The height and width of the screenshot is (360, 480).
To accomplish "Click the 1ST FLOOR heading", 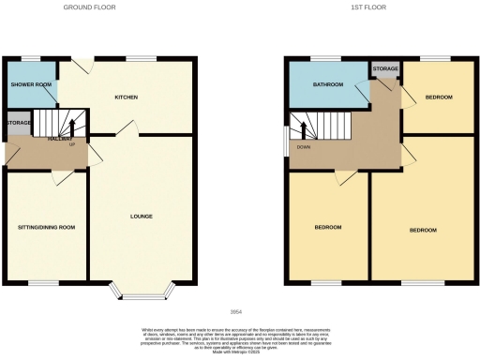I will coord(364,7).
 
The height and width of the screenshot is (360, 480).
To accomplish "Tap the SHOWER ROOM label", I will coord(31,84).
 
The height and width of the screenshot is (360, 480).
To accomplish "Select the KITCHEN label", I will coord(127,97).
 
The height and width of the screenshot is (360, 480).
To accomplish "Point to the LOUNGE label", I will coord(142,217).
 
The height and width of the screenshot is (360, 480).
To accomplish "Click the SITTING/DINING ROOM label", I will coord(46,227).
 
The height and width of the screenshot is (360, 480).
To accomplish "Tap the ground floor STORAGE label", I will coord(18,122).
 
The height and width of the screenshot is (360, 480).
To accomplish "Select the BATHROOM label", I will coord(328,85).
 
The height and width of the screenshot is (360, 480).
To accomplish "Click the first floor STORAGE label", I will coord(385,69).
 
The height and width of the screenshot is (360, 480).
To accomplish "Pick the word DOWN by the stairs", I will coord(303,146).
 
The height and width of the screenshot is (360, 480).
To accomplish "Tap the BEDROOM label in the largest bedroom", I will coord(423,230).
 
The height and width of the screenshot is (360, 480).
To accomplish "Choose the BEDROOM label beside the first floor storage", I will coord(439,97).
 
